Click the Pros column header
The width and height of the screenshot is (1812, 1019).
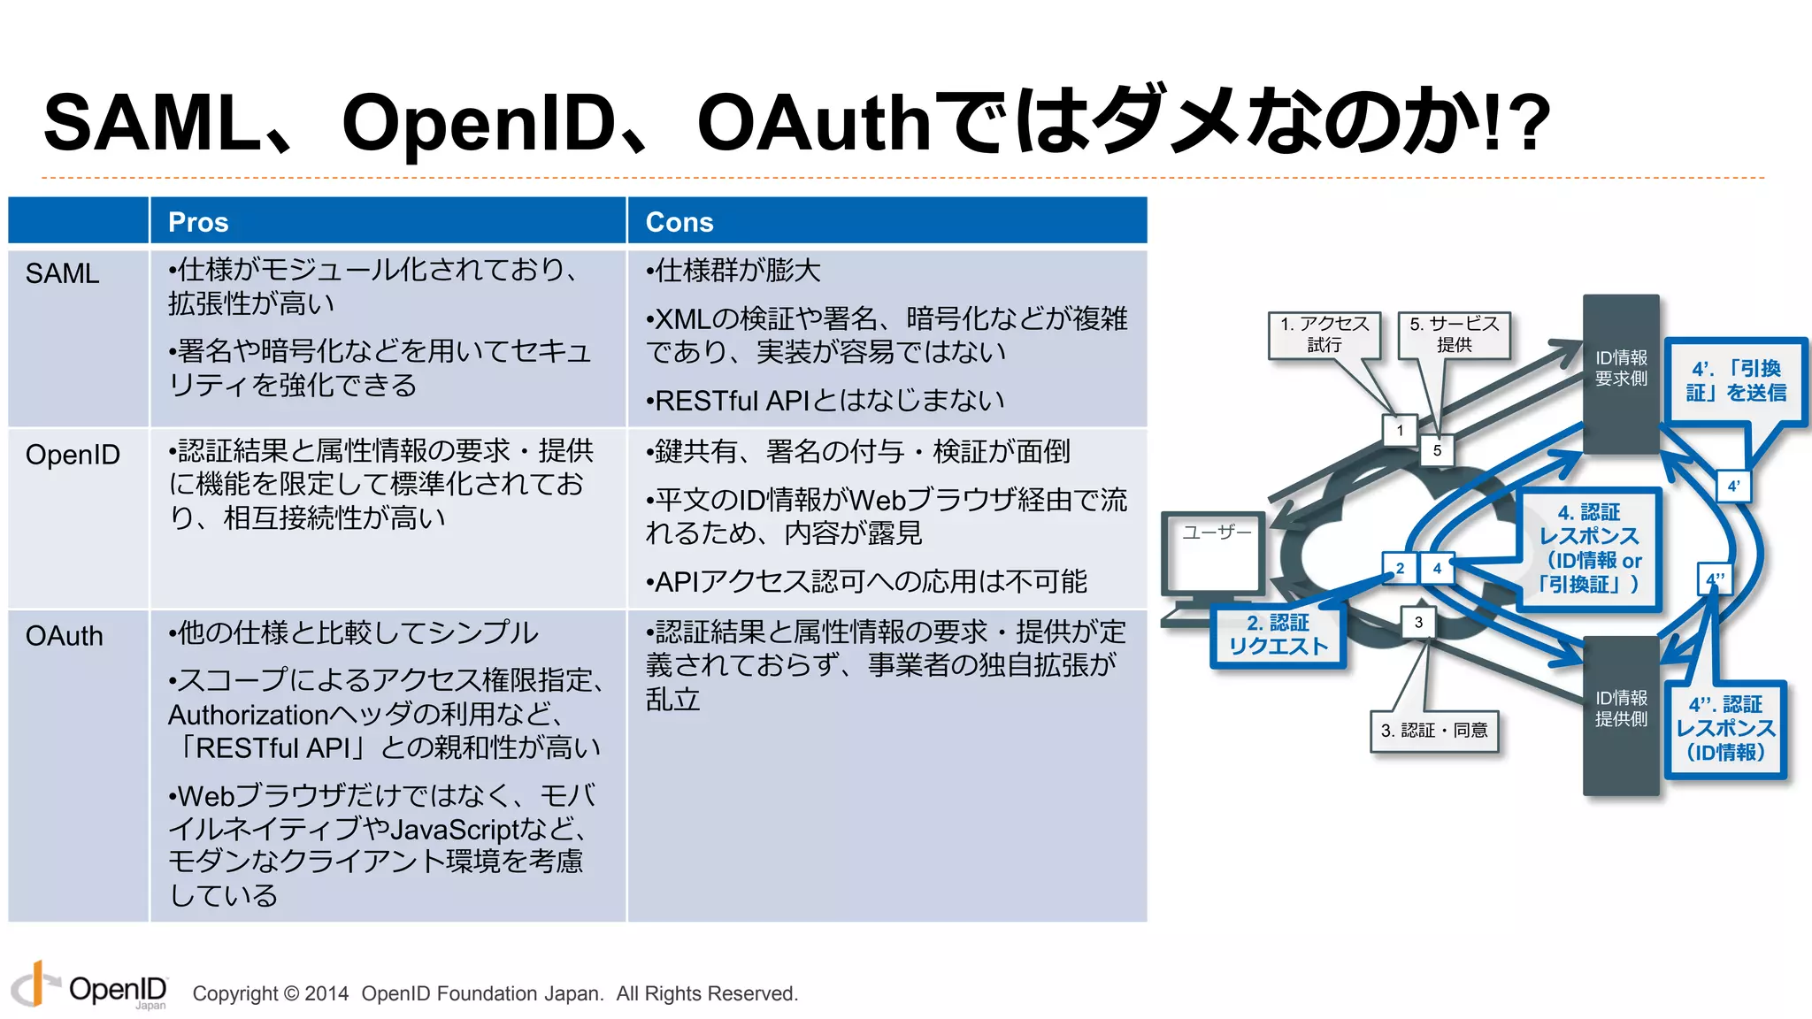(198, 222)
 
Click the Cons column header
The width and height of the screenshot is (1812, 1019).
(679, 222)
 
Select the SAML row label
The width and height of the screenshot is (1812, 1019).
(62, 273)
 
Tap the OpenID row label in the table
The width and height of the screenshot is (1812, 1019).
(73, 455)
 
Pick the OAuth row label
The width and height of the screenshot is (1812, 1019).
(64, 636)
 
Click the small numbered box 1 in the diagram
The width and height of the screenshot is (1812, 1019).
(1400, 431)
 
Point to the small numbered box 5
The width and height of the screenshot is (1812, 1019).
(1437, 450)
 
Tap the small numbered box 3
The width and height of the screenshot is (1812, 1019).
(1418, 622)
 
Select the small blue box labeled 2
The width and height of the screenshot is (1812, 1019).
(1400, 568)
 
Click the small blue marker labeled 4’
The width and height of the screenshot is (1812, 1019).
(1733, 486)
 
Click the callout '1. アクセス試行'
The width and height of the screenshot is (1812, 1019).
(1324, 334)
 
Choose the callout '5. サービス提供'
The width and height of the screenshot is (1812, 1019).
(1454, 334)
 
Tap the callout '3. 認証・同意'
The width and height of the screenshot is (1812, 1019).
(1434, 731)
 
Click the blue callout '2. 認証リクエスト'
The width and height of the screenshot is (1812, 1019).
(1278, 635)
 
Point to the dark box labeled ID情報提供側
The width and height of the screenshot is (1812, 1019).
(1620, 713)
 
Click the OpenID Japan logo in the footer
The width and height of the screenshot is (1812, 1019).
(89, 988)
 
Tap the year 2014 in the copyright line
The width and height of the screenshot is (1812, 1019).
(326, 993)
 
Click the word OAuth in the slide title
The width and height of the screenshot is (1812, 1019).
(813, 123)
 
